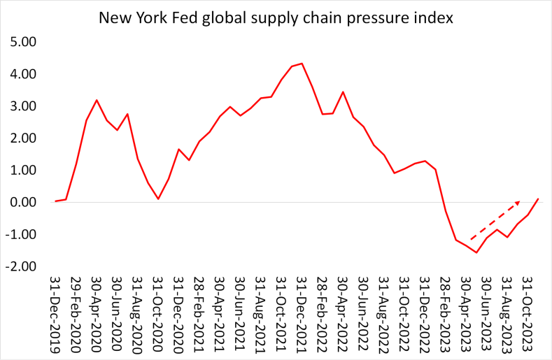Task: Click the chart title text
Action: click(x=276, y=17)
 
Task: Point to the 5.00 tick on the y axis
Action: click(x=23, y=42)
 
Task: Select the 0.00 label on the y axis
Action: click(x=23, y=203)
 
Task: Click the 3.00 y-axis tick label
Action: click(x=23, y=106)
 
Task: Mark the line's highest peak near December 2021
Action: click(x=302, y=64)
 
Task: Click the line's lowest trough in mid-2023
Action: click(x=476, y=252)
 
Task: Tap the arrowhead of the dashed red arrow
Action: click(x=518, y=202)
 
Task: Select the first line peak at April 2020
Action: click(x=97, y=100)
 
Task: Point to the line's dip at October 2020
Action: click(x=158, y=199)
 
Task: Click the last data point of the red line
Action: click(x=538, y=199)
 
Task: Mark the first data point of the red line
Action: click(x=55, y=201)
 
